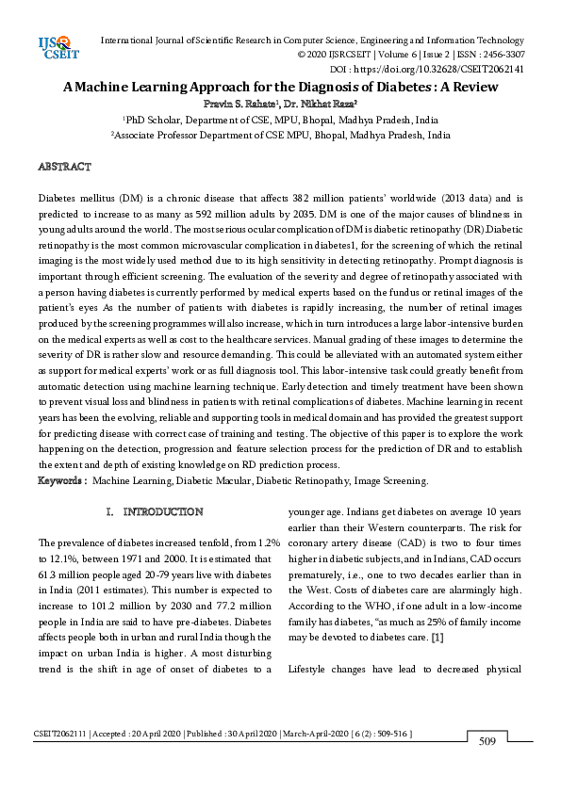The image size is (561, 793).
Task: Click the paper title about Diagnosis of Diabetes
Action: tap(280, 84)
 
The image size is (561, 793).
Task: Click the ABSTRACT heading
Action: tap(64, 167)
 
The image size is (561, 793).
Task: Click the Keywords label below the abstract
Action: tap(62, 480)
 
